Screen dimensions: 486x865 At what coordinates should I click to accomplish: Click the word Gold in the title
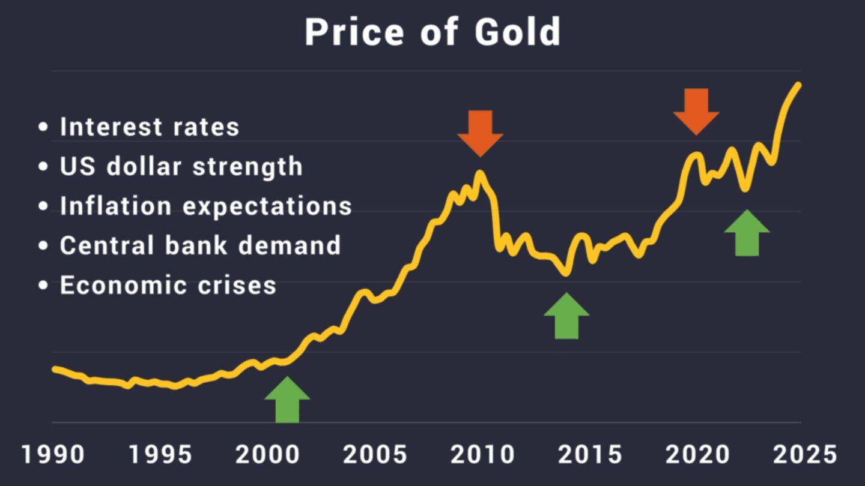tap(517, 32)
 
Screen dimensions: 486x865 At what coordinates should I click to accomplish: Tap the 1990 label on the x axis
tap(53, 454)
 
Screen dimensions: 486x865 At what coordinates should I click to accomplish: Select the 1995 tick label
tap(160, 454)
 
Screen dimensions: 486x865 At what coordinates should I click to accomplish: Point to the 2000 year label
tap(267, 454)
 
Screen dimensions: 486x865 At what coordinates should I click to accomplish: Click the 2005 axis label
tap(375, 454)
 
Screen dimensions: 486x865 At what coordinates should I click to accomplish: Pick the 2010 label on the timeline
tap(482, 454)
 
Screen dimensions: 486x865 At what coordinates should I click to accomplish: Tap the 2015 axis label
tap(590, 454)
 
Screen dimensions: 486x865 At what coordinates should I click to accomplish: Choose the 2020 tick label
tap(697, 454)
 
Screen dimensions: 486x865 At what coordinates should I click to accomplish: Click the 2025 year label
tap(805, 454)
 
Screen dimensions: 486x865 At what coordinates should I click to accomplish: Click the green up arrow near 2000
tap(287, 400)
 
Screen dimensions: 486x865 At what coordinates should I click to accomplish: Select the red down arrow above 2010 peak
tap(480, 133)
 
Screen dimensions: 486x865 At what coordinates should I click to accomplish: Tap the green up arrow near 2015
tap(566, 316)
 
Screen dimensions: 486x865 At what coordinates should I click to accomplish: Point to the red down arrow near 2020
tap(696, 111)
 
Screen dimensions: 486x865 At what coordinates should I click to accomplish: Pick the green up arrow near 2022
tap(747, 233)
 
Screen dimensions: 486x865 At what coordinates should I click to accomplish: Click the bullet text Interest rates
tap(150, 127)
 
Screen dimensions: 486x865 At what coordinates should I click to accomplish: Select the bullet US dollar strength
tap(181, 166)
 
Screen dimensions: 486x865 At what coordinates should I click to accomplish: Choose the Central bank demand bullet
tap(200, 245)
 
